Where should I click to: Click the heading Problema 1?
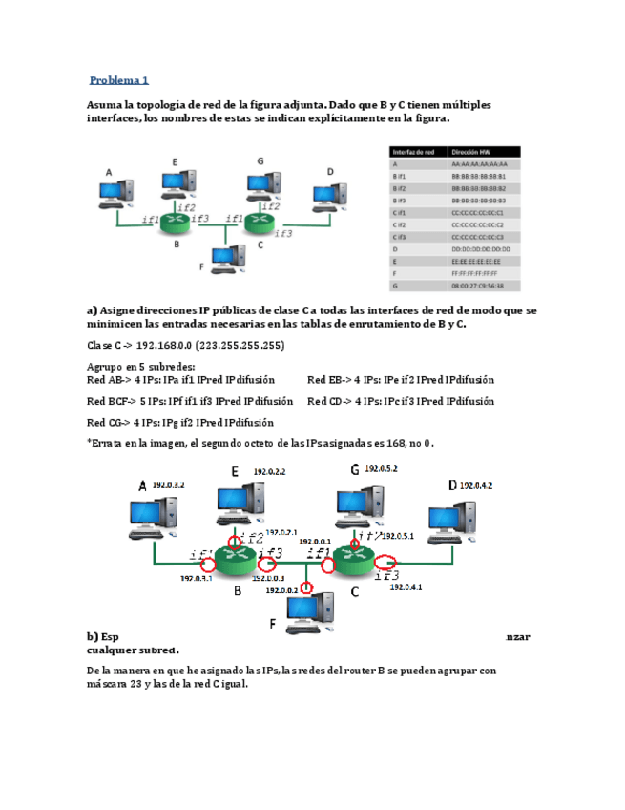119,80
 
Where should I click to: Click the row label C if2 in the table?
401,224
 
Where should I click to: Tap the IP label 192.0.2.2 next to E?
270,471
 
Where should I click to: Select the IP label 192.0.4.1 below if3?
406,587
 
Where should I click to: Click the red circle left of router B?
206,564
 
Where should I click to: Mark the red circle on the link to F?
306,587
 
